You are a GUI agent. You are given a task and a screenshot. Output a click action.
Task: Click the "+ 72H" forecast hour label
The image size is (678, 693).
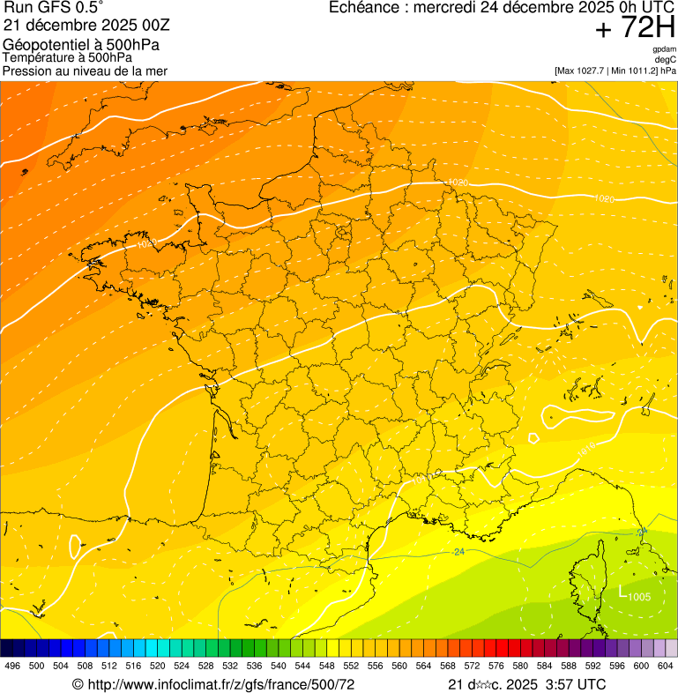635,28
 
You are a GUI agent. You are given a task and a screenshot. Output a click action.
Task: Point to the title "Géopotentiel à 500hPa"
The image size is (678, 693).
75,45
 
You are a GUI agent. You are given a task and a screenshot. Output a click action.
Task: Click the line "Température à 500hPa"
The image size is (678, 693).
68,57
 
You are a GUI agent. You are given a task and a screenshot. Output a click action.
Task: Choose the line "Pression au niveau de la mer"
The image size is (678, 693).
85,71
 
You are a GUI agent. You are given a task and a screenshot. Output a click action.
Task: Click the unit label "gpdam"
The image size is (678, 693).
665,49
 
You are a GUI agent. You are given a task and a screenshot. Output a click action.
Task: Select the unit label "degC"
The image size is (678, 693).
667,60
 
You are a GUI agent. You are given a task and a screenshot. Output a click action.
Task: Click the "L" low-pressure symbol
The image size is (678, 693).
622,592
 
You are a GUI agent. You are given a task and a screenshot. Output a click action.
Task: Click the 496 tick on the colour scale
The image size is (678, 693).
12,666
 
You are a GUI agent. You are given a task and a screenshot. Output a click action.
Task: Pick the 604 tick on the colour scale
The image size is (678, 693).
665,666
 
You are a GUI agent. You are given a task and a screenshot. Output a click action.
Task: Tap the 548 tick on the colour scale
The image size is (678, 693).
326,666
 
